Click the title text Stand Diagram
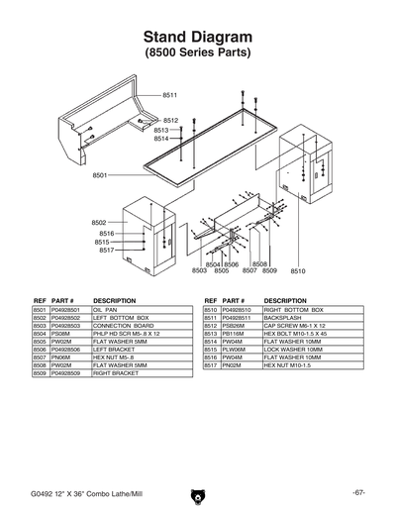coord(198,36)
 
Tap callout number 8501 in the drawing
coord(100,175)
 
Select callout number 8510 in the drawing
coord(298,269)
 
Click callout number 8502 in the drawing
coord(99,223)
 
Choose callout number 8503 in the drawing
coord(199,270)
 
